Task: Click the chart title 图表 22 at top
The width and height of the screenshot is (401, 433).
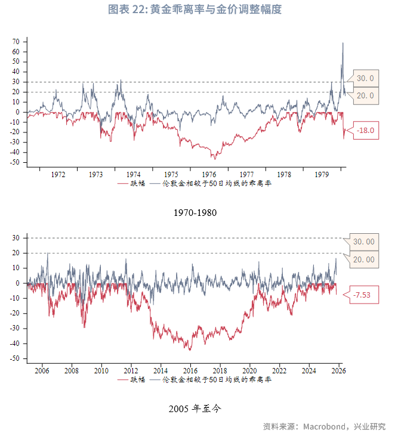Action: [x=195, y=10]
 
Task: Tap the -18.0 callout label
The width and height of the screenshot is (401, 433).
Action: [x=364, y=131]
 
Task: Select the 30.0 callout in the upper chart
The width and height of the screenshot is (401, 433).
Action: [x=365, y=78]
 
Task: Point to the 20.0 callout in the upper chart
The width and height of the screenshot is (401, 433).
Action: [x=365, y=95]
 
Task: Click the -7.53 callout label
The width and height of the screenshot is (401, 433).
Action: [x=363, y=295]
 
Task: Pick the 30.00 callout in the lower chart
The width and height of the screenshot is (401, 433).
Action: [x=363, y=242]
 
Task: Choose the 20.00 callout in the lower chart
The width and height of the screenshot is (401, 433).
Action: [x=363, y=259]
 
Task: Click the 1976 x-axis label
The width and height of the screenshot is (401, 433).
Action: [x=209, y=175]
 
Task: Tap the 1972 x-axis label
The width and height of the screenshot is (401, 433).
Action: [x=58, y=175]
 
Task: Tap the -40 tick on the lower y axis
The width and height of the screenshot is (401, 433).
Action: [x=14, y=344]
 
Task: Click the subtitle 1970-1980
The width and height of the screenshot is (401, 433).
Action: [x=195, y=212]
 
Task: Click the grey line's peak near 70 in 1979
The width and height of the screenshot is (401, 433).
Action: [x=343, y=43]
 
